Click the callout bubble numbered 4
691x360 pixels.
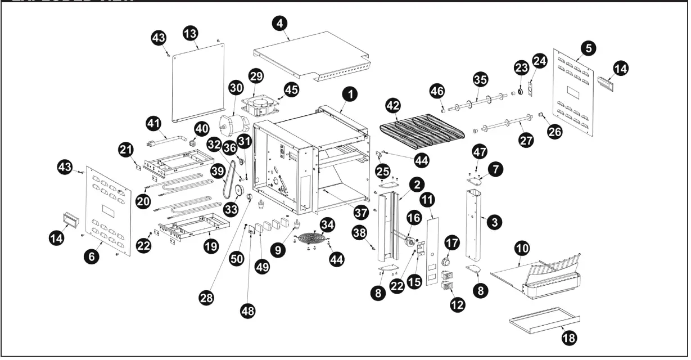click(279, 24)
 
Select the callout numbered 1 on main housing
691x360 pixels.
click(350, 94)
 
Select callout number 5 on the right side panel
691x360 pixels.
click(588, 48)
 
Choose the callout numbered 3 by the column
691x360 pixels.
click(494, 223)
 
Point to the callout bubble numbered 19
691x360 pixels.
click(211, 246)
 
